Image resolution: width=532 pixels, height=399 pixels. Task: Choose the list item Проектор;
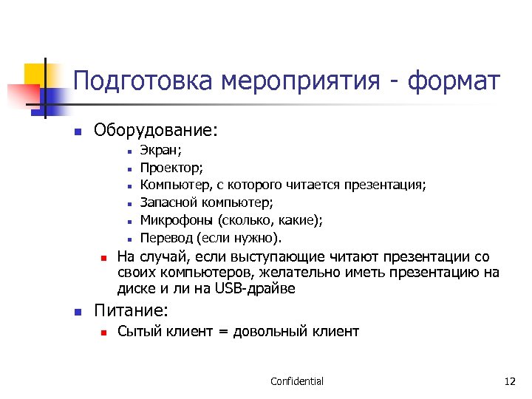[x=171, y=167]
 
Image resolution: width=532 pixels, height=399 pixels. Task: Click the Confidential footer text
[x=296, y=381]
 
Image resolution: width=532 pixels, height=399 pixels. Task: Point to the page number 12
[x=509, y=381]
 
